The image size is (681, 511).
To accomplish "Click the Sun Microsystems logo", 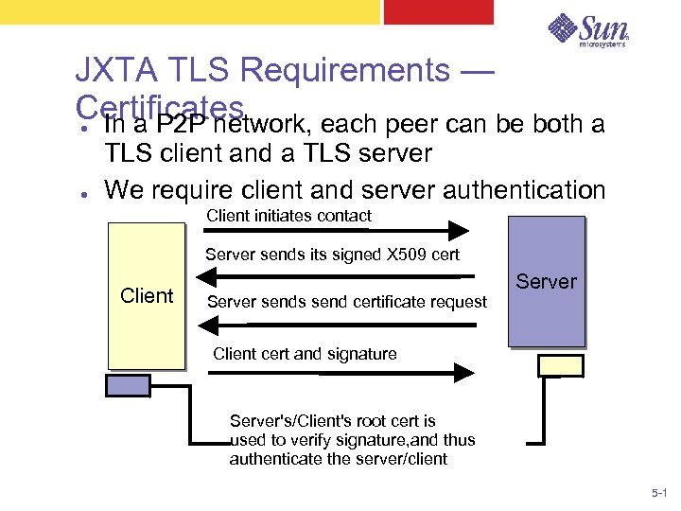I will pos(588,31).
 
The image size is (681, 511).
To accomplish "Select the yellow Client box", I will pos(146,295).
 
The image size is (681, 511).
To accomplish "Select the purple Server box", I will pos(546,281).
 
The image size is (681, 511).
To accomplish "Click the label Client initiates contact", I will pos(288,216).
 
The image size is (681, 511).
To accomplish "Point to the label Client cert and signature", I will pos(305,354).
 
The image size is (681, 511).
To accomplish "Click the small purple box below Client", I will pos(122,384).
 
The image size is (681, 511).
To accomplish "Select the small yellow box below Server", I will pos(560,365).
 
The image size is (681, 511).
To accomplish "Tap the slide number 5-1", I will pos(659,494).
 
